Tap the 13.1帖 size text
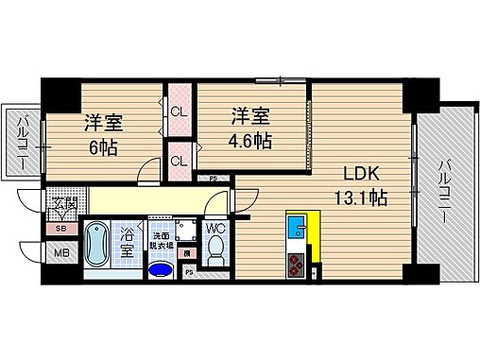point(363,198)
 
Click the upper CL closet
point(178,111)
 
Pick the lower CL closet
point(178,160)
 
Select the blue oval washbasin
point(162,270)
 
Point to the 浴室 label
point(126,242)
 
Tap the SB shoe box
point(61,229)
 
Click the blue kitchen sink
point(295,228)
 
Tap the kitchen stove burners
point(294,265)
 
